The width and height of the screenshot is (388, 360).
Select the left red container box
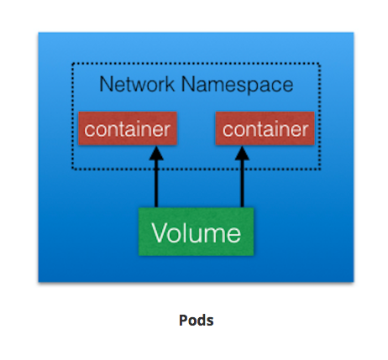pyautogui.click(x=127, y=129)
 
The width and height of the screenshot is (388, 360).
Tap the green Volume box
pyautogui.click(x=196, y=231)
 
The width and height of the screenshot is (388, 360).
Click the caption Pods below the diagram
pyautogui.click(x=196, y=321)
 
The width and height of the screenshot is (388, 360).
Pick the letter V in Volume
pyautogui.click(x=159, y=231)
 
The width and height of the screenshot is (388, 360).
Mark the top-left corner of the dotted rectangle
pyautogui.click(x=71, y=64)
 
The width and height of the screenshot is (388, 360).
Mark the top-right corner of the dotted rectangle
pyautogui.click(x=320, y=64)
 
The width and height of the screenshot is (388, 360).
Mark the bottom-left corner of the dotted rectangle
pyautogui.click(x=71, y=169)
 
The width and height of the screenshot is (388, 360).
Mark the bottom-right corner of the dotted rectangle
pyautogui.click(x=320, y=169)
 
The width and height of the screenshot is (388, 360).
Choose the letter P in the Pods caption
pyautogui.click(x=182, y=321)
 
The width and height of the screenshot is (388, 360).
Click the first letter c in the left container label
pyautogui.click(x=88, y=130)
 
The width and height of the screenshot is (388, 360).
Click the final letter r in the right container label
pyautogui.click(x=306, y=130)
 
